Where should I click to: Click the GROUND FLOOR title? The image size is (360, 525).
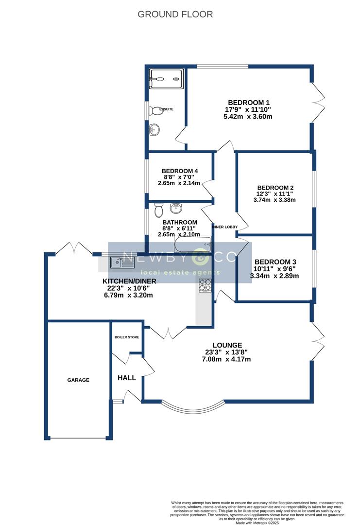[x=175, y=14]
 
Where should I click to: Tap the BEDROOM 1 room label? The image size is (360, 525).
[x=248, y=103]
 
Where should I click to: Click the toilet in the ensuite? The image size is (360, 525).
[x=155, y=110]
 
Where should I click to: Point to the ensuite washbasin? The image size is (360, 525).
[x=155, y=129]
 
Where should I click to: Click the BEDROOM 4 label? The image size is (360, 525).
[x=179, y=171]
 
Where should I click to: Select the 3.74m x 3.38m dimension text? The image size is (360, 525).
[x=274, y=199]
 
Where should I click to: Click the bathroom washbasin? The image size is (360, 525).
[x=176, y=209]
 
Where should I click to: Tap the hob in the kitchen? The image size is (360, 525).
[x=205, y=285]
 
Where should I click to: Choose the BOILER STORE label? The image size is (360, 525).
[x=127, y=337]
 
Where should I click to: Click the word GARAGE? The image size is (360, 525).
[x=78, y=380]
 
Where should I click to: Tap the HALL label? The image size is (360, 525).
[x=127, y=378]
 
